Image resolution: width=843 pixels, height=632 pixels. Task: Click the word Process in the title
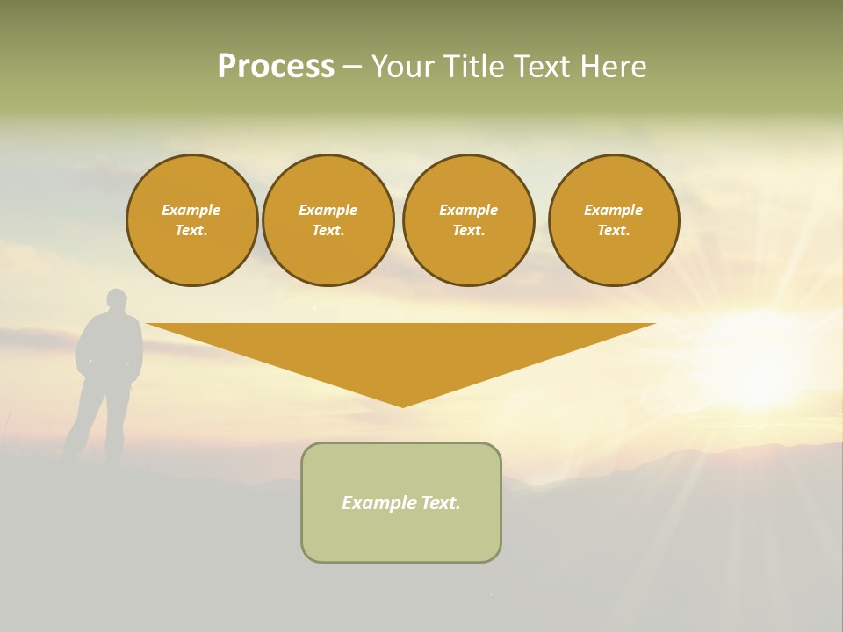(276, 67)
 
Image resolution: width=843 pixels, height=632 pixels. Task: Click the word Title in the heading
(474, 67)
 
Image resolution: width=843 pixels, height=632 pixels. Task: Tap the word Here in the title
(614, 67)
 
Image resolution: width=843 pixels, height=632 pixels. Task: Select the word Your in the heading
(405, 67)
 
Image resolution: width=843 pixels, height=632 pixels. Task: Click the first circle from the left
(191, 220)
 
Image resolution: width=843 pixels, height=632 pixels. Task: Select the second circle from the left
(328, 220)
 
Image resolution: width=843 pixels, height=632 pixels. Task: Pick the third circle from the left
(468, 220)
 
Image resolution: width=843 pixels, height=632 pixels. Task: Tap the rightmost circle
(614, 220)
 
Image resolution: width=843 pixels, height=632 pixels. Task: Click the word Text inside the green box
(439, 503)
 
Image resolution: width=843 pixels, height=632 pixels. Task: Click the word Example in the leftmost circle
(191, 211)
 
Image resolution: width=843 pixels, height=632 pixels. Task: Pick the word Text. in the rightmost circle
(614, 231)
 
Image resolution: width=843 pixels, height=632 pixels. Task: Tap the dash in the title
(352, 67)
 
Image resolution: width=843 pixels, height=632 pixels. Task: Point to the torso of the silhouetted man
(111, 347)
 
